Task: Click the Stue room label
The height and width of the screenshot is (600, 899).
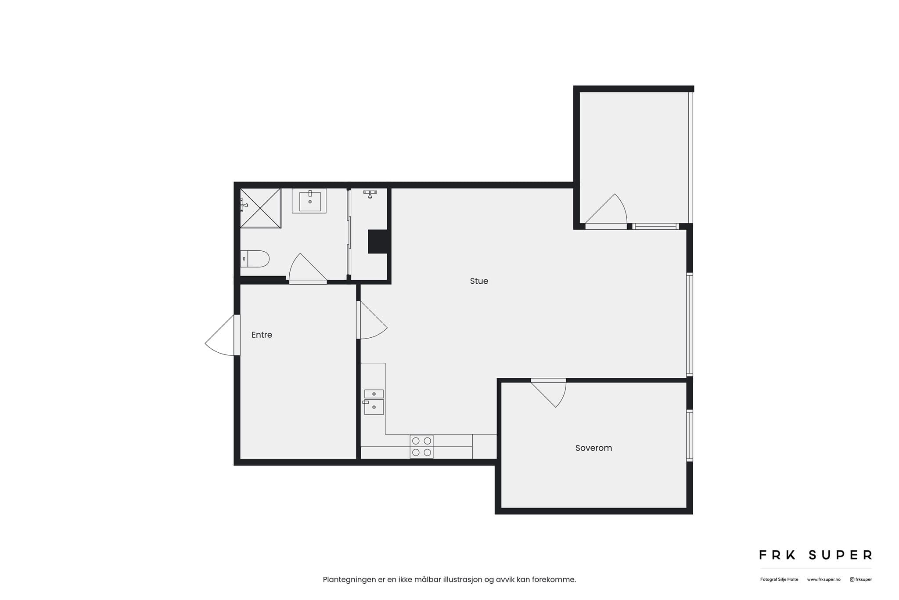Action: [x=479, y=281]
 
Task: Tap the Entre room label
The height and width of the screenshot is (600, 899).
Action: [x=262, y=335]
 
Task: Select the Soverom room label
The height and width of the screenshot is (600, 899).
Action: [x=593, y=448]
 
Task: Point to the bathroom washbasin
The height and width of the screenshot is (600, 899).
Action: [x=309, y=201]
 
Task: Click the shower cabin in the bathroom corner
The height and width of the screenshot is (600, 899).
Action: [x=260, y=208]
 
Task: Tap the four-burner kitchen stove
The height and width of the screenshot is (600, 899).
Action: [x=421, y=447]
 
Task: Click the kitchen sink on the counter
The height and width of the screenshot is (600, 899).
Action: [x=374, y=402]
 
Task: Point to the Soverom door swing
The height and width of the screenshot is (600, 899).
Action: [x=549, y=392]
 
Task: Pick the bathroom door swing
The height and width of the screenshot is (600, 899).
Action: [x=307, y=268]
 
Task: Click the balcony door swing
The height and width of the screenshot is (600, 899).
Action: [x=606, y=211]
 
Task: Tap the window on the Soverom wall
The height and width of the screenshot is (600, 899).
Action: [x=690, y=435]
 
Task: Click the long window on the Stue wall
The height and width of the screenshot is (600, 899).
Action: [x=690, y=325]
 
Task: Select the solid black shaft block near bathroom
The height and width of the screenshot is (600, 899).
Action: [x=378, y=242]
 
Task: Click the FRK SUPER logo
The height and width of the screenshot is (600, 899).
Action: [x=816, y=555]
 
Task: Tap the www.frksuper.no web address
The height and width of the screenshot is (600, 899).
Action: [x=823, y=579]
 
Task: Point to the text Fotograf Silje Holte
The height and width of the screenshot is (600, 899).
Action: [x=779, y=579]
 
